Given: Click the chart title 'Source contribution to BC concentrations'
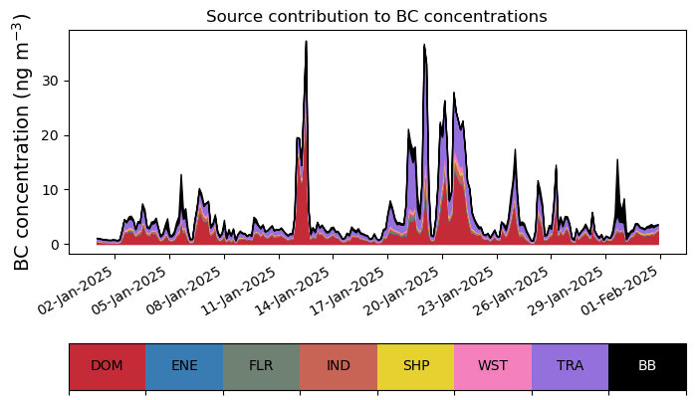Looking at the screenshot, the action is tap(376, 16).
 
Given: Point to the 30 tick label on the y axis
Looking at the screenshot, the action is tap(50, 81).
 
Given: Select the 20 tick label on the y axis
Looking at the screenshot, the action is tap(50, 135).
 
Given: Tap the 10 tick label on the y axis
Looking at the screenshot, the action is tap(50, 190).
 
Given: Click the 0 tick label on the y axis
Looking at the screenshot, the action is tap(55, 245).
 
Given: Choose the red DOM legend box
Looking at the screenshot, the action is tap(108, 366).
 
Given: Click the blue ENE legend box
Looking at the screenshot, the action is tap(184, 366).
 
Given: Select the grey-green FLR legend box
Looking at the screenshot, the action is tap(262, 366).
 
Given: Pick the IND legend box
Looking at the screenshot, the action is tap(339, 366).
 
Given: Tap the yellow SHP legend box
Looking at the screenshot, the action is tap(416, 366).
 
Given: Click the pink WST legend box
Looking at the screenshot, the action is tap(493, 366).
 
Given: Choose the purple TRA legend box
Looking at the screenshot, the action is tap(570, 366).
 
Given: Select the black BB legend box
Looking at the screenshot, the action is tap(647, 366).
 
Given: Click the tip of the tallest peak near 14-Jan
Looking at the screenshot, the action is tap(306, 41).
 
